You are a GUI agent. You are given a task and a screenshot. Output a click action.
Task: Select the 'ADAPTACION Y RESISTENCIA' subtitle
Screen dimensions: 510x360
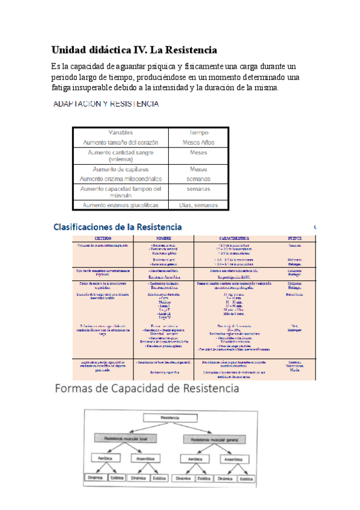[106, 104]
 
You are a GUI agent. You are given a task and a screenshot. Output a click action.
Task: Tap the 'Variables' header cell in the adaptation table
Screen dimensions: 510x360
[121, 132]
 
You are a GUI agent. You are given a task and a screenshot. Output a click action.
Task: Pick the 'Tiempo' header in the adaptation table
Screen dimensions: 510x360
[198, 132]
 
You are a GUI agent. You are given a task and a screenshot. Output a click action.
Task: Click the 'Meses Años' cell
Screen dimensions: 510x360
[198, 143]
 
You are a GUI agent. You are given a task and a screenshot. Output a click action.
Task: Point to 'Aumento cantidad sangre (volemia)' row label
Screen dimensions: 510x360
[121, 157]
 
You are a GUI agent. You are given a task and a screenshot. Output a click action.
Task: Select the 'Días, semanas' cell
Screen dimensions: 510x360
[198, 206]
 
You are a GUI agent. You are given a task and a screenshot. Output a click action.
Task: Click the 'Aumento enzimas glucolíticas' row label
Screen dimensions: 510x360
[121, 206]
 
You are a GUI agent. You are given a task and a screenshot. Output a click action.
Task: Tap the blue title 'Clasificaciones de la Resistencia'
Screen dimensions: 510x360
[117, 227]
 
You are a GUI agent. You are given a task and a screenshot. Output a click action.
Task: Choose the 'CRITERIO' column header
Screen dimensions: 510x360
[91, 239]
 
